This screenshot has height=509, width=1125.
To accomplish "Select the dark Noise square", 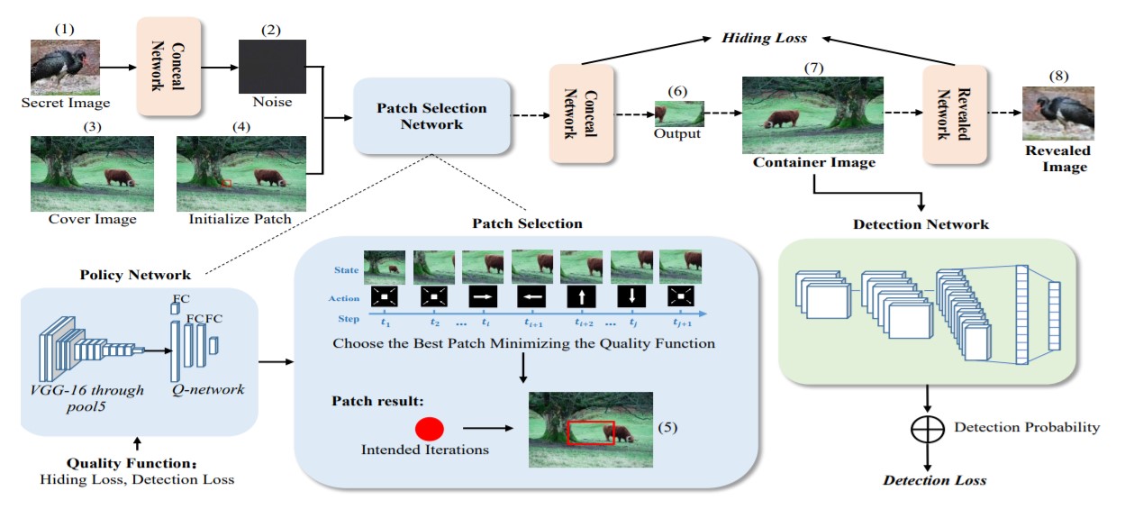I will coord(271,66).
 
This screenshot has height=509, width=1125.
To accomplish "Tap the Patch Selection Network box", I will coord(432,116).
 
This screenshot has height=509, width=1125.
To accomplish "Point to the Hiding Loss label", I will coord(764,38).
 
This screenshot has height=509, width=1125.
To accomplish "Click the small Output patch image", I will coord(679,113).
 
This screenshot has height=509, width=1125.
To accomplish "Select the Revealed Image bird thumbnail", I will coord(1058,112).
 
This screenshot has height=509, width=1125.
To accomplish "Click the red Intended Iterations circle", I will coord(430,430).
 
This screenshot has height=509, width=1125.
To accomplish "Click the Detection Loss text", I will coord(934,480).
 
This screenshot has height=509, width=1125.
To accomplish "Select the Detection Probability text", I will coord(1027,426).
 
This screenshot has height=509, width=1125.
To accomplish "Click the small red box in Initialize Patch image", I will coord(227,183).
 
